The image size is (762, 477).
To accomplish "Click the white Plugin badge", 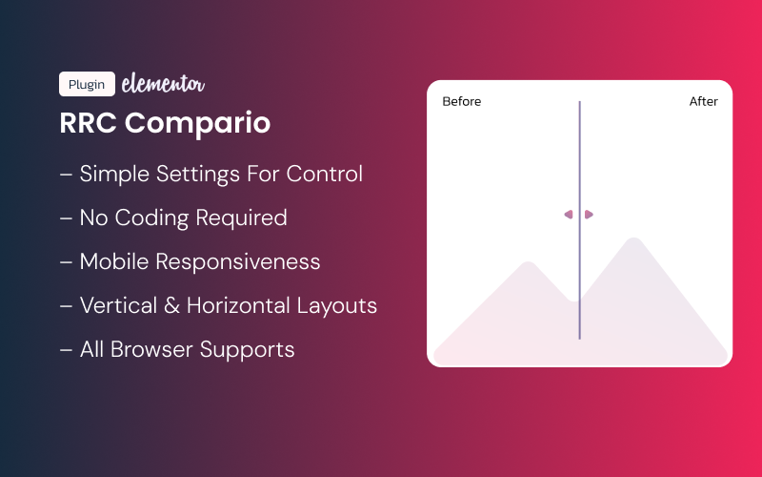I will [87, 84].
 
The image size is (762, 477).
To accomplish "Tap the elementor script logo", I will [163, 84].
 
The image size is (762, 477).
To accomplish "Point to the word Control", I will [326, 175].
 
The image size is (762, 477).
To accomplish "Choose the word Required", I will [241, 218].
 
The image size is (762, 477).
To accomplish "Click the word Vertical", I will [119, 306].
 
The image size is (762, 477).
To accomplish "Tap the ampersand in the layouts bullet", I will [172, 306].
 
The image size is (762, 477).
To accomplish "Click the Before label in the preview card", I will [462, 101].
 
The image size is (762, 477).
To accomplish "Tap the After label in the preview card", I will [704, 101].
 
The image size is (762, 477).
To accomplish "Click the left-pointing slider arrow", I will [569, 215].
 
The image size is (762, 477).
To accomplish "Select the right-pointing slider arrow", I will [590, 215].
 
